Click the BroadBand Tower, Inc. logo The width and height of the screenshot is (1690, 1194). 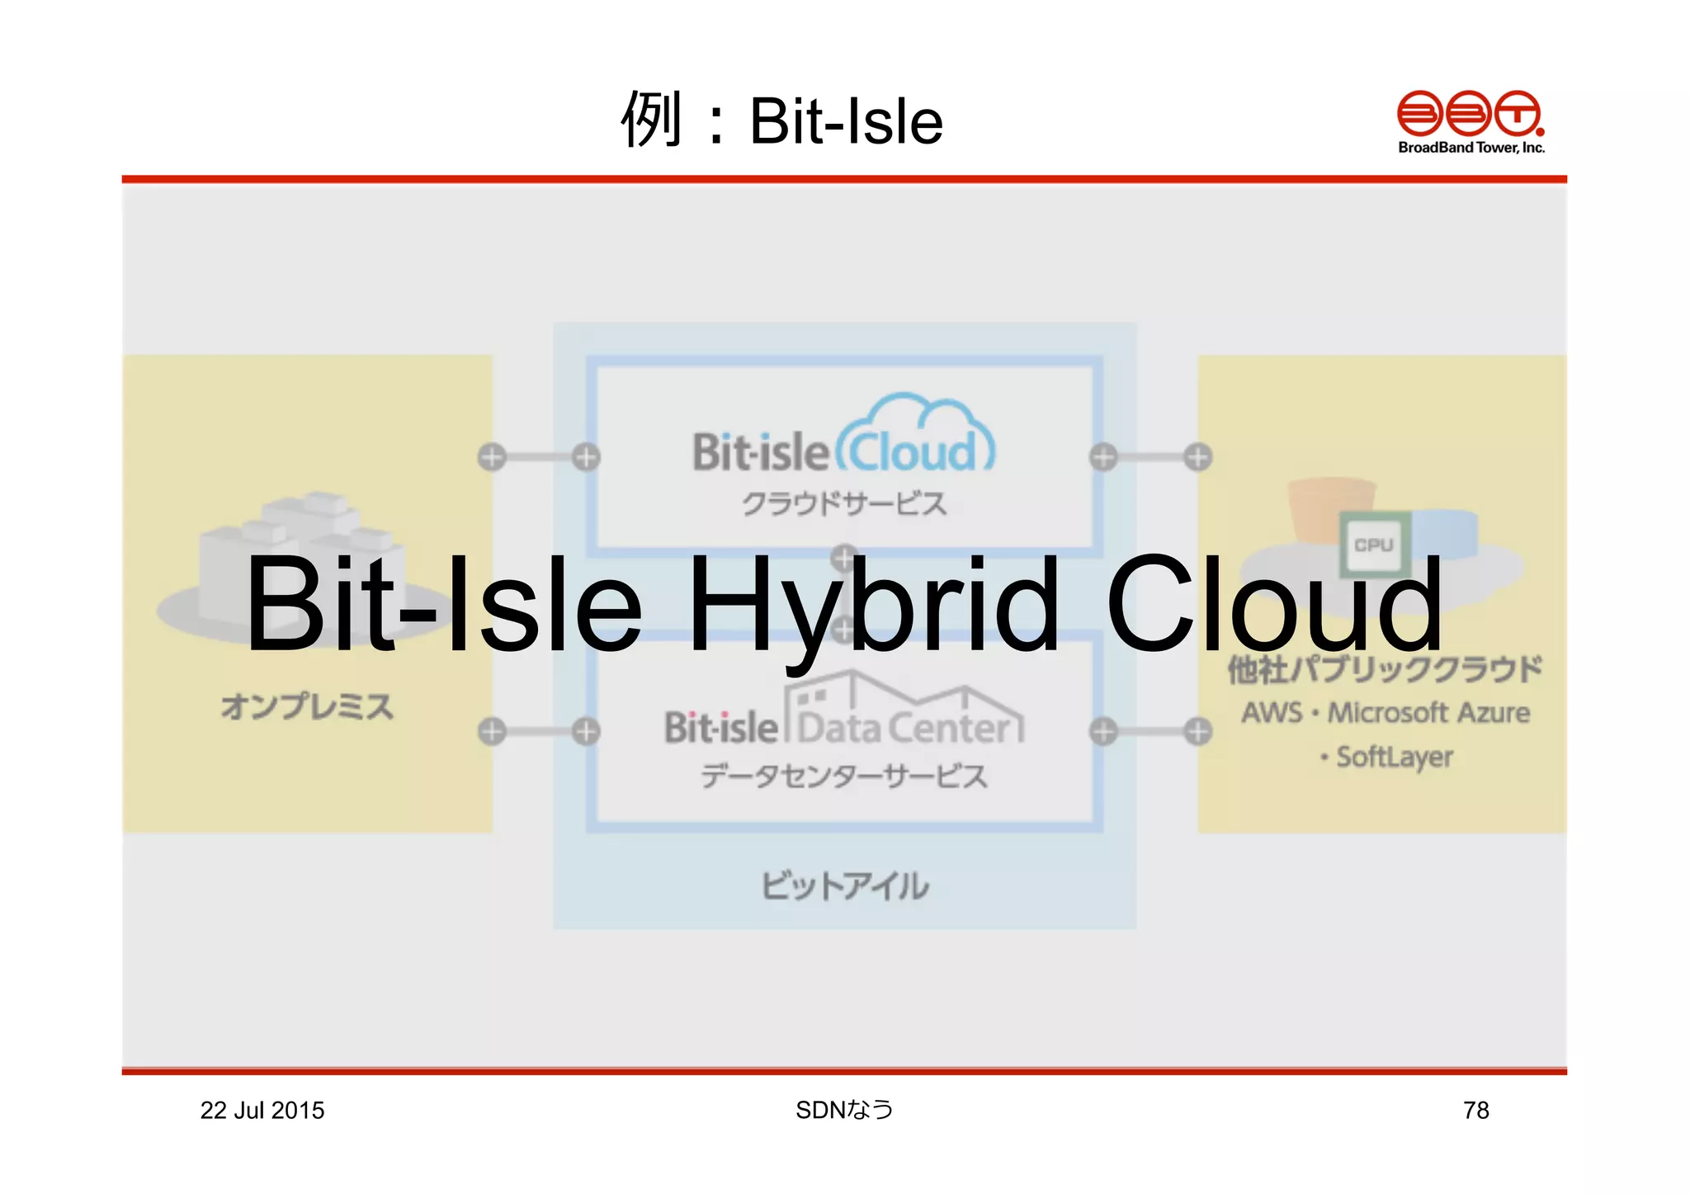1470,121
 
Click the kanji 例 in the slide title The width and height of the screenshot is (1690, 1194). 651,120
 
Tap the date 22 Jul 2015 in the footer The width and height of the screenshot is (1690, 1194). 262,1110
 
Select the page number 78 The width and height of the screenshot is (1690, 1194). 1475,1110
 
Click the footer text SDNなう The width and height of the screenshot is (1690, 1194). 844,1110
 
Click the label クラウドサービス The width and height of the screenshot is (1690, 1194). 843,503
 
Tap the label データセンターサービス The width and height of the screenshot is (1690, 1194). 843,776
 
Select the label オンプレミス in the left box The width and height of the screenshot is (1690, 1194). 307,706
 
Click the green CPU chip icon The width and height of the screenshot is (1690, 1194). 1373,544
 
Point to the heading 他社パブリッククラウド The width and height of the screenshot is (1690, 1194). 1384,669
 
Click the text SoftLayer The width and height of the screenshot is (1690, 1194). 1393,756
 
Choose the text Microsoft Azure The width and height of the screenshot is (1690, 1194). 1428,712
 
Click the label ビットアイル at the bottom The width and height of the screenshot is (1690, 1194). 844,885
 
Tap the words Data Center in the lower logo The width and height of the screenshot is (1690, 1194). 904,728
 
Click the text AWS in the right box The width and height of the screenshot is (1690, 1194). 1272,712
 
